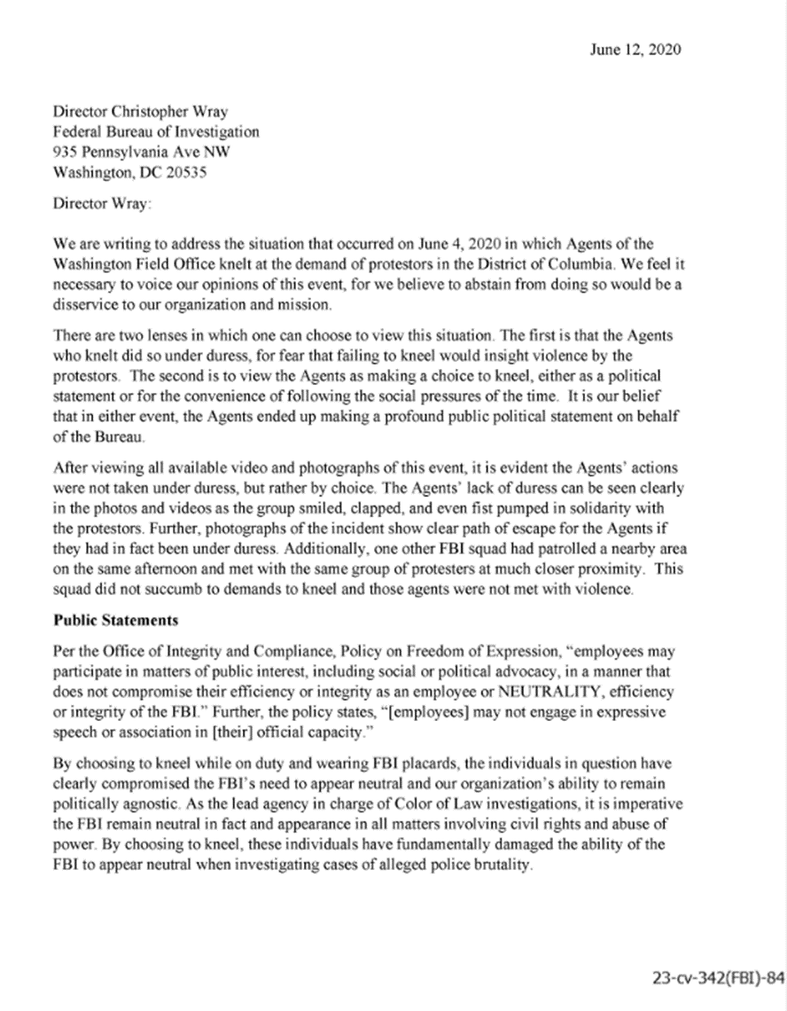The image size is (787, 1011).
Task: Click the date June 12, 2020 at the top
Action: click(x=635, y=50)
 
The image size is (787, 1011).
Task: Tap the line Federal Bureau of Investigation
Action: click(x=156, y=132)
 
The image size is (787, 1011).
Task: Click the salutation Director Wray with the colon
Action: click(x=103, y=203)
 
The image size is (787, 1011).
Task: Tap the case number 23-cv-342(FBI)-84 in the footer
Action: click(x=717, y=978)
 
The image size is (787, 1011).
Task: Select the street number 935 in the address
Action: click(x=67, y=153)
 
